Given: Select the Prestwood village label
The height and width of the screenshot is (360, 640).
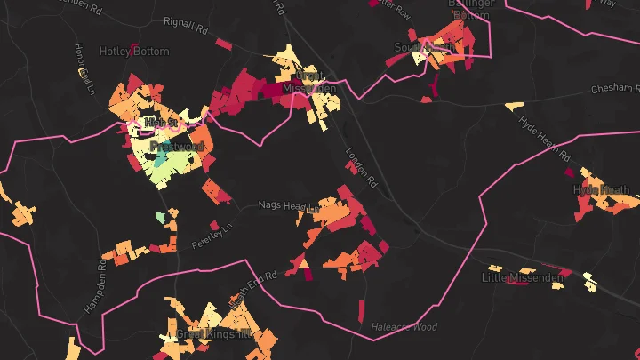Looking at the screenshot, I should coord(177,146).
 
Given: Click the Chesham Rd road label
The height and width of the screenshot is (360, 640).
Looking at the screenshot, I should coord(615,89).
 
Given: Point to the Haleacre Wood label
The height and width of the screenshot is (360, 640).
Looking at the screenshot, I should coord(404,327).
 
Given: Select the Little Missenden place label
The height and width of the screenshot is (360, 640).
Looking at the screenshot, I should coord(523,278).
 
